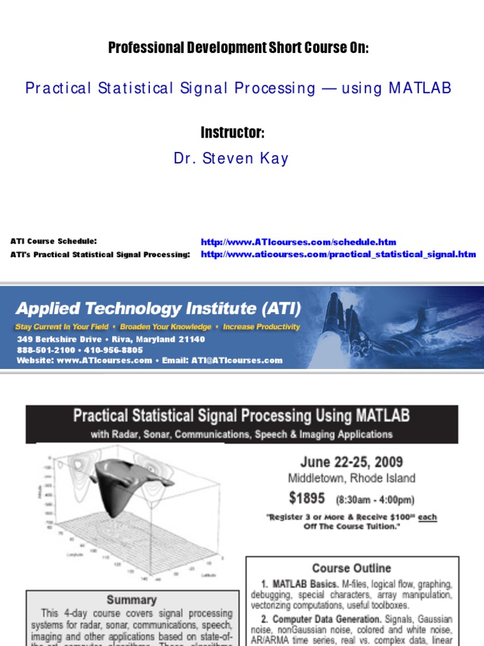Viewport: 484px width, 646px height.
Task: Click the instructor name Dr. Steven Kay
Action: tap(231, 158)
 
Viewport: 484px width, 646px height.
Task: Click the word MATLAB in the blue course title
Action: tap(420, 88)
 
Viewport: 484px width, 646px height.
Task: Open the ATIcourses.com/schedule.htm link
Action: tap(298, 242)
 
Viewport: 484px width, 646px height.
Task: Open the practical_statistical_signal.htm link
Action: tap(338, 254)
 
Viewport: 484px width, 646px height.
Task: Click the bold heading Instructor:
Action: tap(232, 133)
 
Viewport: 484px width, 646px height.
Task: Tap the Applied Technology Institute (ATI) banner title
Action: tap(158, 308)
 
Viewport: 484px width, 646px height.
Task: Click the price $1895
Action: tap(307, 498)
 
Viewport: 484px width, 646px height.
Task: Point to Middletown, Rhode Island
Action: tap(352, 478)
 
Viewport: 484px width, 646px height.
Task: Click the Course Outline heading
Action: tap(351, 568)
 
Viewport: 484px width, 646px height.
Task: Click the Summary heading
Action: tap(131, 599)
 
